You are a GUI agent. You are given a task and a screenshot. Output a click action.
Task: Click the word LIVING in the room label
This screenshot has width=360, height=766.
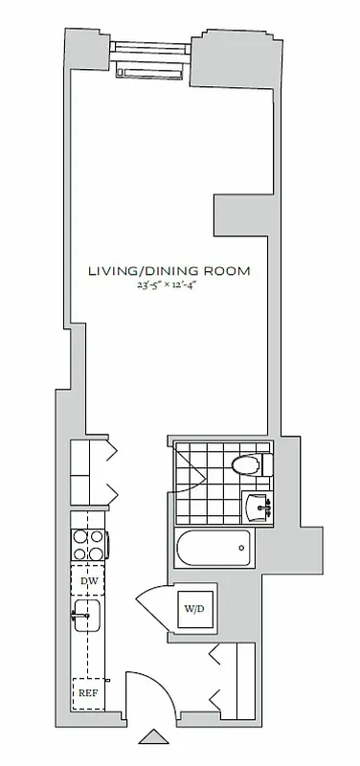point(109,271)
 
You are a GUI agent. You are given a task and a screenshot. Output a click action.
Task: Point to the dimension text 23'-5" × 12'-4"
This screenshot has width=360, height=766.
point(169,285)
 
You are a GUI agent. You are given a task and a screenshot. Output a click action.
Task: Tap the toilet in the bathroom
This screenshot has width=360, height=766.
point(249,466)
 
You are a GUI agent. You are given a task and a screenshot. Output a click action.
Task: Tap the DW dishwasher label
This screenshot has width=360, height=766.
point(89,581)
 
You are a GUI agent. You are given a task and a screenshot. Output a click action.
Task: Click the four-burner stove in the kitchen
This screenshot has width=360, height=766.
point(89,546)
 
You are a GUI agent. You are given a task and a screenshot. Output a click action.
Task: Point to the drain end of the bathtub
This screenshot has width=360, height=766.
point(241,549)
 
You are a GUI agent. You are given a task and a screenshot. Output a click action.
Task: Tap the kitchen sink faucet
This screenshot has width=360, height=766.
point(77,618)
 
